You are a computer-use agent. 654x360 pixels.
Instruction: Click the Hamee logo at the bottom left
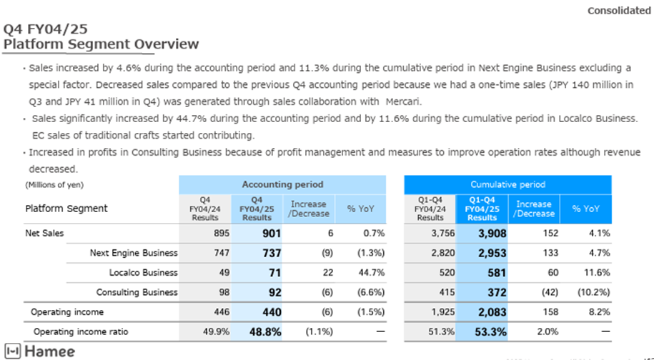click(x=40, y=351)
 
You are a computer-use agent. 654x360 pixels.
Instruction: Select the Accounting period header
click(x=282, y=184)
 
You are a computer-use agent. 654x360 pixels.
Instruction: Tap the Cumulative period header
click(x=507, y=184)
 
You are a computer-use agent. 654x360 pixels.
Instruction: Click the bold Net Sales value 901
click(x=272, y=234)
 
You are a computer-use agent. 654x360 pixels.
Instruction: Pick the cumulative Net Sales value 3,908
click(x=492, y=234)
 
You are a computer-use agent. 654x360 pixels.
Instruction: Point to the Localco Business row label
click(x=144, y=273)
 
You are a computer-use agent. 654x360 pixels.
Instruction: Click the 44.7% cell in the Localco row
click(x=372, y=273)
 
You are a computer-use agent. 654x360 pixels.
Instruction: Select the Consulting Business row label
click(x=137, y=292)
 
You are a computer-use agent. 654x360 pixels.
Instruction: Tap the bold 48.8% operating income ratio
click(x=265, y=332)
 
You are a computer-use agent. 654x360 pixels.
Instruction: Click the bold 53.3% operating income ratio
click(x=491, y=332)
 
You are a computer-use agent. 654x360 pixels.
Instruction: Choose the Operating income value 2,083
click(x=492, y=312)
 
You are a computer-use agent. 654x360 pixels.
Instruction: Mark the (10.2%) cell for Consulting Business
click(x=593, y=292)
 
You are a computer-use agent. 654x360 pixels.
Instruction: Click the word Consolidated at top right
click(x=619, y=11)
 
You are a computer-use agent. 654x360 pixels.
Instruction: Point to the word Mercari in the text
click(x=404, y=101)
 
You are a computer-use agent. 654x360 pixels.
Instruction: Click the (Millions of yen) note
click(x=54, y=184)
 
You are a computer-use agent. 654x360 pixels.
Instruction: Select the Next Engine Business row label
click(x=134, y=253)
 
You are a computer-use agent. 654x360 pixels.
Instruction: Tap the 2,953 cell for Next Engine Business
click(x=492, y=253)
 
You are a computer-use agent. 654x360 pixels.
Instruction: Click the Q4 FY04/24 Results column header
click(x=205, y=209)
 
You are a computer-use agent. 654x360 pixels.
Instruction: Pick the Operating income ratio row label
click(x=81, y=331)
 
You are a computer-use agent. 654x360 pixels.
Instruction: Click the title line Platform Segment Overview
click(x=101, y=44)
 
